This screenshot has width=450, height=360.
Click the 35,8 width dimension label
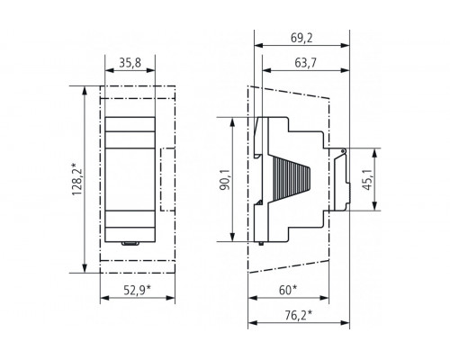130,64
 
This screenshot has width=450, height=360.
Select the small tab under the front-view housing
130,243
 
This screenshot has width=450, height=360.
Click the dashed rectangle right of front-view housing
167,180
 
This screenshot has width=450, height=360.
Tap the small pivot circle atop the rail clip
343,148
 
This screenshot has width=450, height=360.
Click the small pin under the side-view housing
260,243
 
